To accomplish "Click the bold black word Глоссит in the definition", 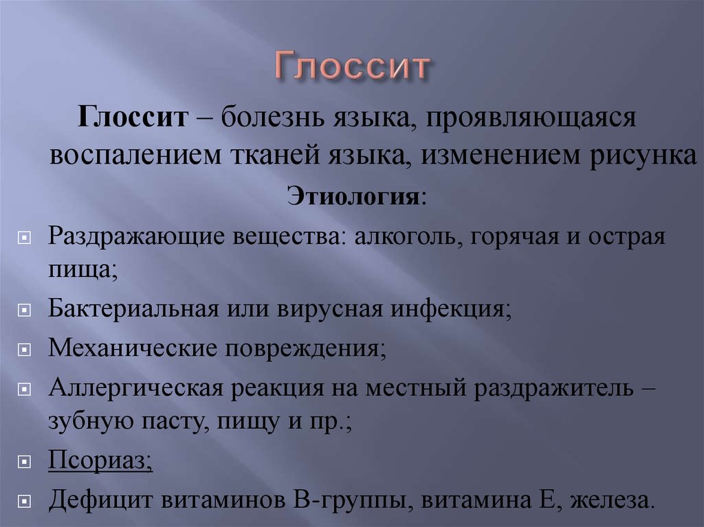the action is [133, 117].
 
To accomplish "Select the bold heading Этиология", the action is [353, 197].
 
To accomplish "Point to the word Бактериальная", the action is [133, 309].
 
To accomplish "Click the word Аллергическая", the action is [135, 388].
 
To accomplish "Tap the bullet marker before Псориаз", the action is [24, 462].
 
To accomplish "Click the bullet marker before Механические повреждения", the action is [24, 349].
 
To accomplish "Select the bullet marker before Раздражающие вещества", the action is [24, 238].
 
